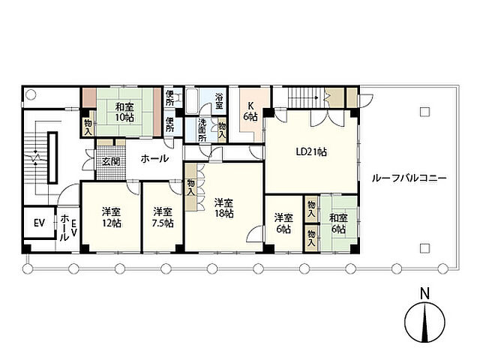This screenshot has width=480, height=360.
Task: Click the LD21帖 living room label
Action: tap(311, 151)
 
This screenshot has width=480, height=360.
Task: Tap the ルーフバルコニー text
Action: tap(409, 178)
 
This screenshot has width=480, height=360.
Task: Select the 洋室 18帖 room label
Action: tap(224, 208)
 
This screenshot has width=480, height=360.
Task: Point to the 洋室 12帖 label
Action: tap(112, 217)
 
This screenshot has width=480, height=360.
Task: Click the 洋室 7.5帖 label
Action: tap(163, 217)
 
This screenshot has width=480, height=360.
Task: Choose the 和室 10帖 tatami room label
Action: tap(124, 112)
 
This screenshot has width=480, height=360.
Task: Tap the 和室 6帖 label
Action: tap(338, 223)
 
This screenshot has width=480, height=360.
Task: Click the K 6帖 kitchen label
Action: tap(250, 111)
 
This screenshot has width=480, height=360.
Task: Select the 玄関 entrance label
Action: tap(110, 161)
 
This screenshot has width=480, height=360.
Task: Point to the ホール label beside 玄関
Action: tap(154, 158)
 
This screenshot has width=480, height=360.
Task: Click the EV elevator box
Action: tap(39, 223)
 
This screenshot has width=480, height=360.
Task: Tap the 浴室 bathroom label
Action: tap(219, 101)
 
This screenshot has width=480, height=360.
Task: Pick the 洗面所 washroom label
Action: tap(202, 130)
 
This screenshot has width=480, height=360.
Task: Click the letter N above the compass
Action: tap(424, 293)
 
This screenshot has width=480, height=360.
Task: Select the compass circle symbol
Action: tap(424, 322)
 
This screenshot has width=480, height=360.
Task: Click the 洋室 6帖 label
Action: tap(283, 223)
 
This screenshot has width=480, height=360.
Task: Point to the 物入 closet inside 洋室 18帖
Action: tap(190, 187)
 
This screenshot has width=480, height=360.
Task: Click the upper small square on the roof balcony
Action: tap(424, 112)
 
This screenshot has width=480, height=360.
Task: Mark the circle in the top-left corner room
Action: tap(31, 94)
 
